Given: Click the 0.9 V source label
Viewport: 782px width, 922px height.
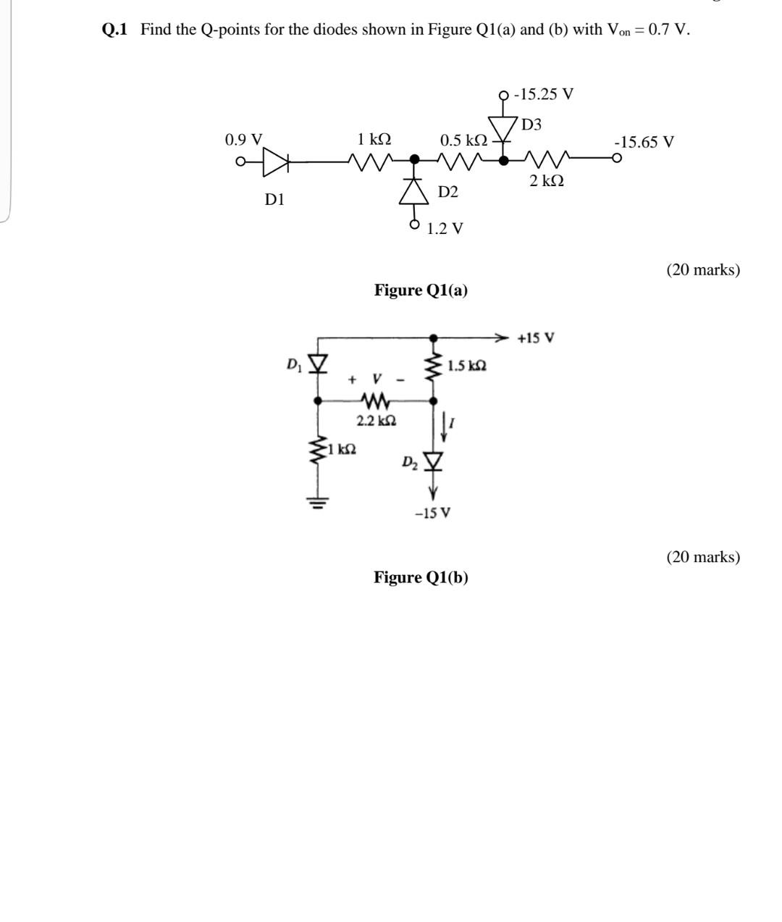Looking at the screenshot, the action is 244,140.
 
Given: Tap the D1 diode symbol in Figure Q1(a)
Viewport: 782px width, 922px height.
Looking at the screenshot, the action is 275,162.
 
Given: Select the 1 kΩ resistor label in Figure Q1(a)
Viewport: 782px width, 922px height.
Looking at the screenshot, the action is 374,139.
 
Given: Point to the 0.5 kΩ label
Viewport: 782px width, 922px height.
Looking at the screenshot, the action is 463,140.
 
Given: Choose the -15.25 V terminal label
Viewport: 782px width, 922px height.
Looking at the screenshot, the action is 543,94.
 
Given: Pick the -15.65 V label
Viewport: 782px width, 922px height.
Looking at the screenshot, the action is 644,142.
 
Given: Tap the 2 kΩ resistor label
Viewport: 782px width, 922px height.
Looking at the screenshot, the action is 546,180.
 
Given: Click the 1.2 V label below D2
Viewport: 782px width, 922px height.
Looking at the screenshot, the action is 445,229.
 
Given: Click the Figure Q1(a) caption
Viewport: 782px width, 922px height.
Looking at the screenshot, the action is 421,290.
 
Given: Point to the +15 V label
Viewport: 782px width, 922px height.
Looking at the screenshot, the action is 536,338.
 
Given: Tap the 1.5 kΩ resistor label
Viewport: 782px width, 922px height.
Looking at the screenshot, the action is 467,366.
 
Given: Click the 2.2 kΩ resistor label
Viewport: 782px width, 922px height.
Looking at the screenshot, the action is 376,421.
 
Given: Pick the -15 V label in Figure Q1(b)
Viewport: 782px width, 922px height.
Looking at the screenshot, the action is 432,514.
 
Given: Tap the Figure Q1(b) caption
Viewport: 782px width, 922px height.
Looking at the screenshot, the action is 421,577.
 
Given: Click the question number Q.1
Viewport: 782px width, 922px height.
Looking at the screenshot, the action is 115,30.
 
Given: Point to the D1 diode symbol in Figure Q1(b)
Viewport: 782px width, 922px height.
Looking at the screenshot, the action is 318,362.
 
